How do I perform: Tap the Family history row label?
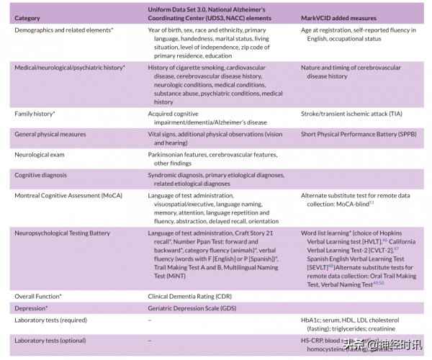(x=35, y=114)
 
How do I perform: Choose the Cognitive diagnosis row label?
(x=42, y=175)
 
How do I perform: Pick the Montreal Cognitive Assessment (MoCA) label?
(x=69, y=196)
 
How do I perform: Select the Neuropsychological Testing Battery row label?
(x=62, y=233)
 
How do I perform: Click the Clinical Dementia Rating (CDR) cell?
(x=189, y=296)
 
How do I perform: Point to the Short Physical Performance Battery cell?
(x=357, y=134)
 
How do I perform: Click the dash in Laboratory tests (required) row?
(x=150, y=320)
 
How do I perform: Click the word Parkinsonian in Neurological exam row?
(x=169, y=154)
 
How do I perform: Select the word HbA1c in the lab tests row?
(x=311, y=320)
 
